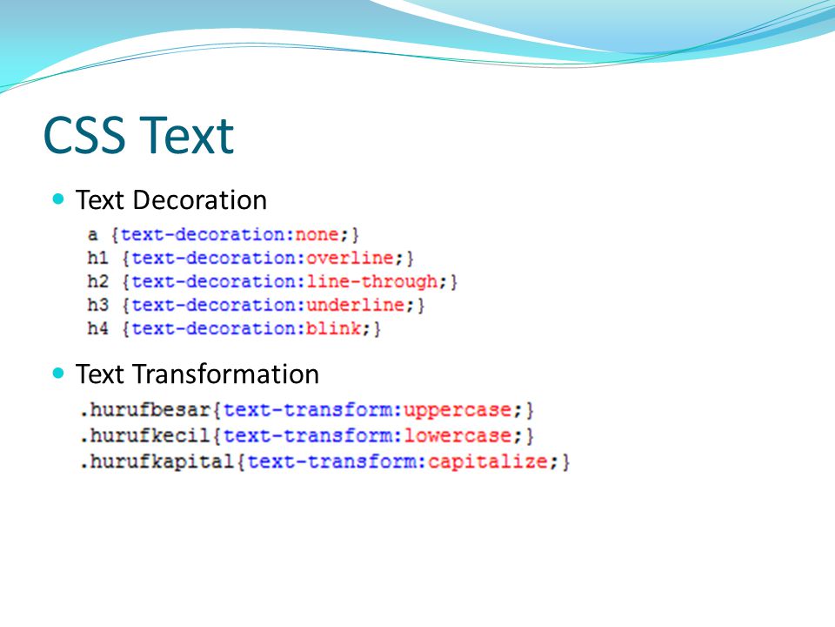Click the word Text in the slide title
tap(189, 136)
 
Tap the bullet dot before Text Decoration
tap(58, 199)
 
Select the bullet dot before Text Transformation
tap(58, 373)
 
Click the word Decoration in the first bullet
tap(200, 200)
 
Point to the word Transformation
tap(225, 374)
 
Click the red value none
tap(317, 234)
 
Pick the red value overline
tap(350, 258)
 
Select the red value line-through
tap(371, 281)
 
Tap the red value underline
tap(355, 305)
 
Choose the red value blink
tap(333, 328)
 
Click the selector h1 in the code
tap(97, 258)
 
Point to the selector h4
tap(97, 328)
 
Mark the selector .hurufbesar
tap(145, 410)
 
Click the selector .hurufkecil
tap(145, 435)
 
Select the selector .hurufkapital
tap(157, 462)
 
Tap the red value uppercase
tap(458, 410)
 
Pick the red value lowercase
tap(458, 436)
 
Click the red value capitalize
tap(488, 462)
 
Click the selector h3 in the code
tap(97, 305)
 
